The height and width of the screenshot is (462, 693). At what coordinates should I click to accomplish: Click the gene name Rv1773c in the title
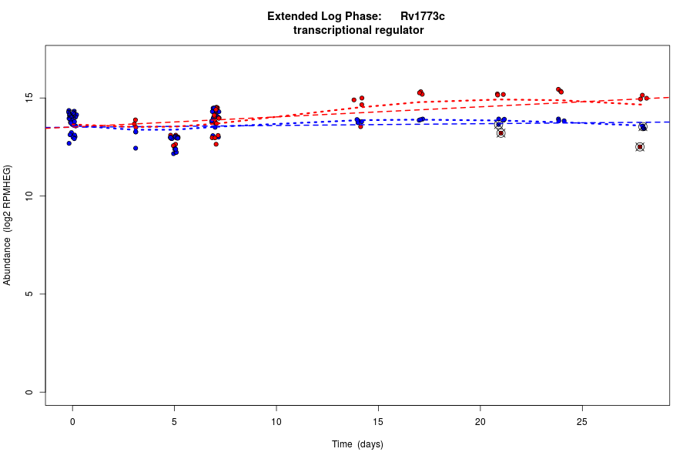[x=422, y=16]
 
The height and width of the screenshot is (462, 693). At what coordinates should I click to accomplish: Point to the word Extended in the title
[x=290, y=16]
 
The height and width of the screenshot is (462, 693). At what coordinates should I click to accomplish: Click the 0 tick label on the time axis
[x=72, y=421]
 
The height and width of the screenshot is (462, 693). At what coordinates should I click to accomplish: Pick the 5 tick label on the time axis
[x=174, y=421]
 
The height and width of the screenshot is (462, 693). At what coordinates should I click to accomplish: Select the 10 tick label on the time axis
[x=276, y=421]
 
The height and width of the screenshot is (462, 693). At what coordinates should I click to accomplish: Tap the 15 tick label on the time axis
[x=378, y=421]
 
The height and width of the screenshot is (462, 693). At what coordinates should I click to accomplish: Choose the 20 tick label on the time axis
[x=480, y=421]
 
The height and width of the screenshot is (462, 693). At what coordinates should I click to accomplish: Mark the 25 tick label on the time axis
[x=582, y=421]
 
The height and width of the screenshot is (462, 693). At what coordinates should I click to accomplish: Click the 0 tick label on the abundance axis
[x=29, y=392]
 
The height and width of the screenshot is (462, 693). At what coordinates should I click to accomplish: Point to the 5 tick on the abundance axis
[x=29, y=294]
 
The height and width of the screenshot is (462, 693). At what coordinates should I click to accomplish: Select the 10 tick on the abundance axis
[x=29, y=196]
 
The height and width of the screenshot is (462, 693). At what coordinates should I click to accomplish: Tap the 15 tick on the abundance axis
[x=29, y=98]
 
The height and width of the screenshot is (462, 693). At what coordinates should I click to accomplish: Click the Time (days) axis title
[x=357, y=444]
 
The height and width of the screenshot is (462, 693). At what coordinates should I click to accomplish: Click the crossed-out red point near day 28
[x=640, y=147]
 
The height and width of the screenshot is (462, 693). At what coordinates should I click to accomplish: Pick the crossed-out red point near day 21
[x=500, y=133]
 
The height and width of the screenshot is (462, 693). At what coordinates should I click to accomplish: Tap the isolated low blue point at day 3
[x=136, y=148]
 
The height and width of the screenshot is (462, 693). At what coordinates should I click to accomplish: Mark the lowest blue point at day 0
[x=69, y=143]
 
